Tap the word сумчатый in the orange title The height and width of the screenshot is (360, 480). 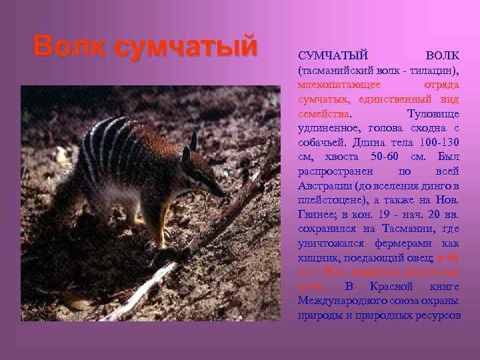[185, 47]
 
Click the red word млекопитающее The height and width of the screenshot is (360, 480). [339, 85]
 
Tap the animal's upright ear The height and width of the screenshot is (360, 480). [193, 141]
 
